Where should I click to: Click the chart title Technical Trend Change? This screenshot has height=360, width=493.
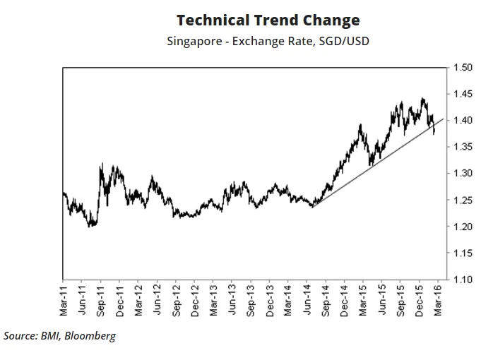point(268,20)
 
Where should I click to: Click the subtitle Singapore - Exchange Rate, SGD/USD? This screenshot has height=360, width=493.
point(268,41)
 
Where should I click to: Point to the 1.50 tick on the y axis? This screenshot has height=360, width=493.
point(463,68)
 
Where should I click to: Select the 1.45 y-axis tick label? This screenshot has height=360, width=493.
point(463,94)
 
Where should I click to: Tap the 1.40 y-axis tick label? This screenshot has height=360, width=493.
point(463,121)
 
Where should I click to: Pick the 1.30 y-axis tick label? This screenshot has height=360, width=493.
point(463,174)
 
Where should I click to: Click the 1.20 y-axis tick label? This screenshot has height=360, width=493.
point(463,227)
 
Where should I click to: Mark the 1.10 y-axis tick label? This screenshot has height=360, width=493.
point(463,280)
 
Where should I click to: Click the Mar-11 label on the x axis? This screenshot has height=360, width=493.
point(64,299)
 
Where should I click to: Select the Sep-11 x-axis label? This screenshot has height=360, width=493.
point(101,299)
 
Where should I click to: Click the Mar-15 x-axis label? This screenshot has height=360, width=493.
point(362,299)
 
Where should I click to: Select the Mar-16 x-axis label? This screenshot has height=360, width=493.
point(438,299)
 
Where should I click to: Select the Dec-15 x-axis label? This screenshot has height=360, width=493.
point(419,299)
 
